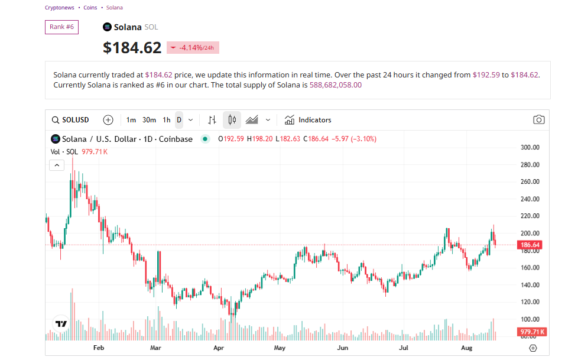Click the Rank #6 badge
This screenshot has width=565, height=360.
[x=61, y=27]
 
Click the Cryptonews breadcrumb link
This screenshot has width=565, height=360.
[x=59, y=8]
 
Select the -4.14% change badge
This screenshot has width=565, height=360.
[x=193, y=48]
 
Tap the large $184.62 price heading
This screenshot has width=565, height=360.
[x=132, y=48]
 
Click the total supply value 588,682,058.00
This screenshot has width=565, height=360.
[x=336, y=85]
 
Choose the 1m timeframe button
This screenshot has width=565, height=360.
[x=131, y=120]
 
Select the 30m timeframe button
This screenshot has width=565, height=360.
[x=149, y=120]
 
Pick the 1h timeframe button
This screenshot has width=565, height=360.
[x=167, y=120]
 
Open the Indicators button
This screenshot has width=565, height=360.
[x=308, y=120]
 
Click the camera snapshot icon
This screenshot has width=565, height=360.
[x=538, y=120]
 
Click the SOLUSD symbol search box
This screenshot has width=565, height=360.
[x=70, y=120]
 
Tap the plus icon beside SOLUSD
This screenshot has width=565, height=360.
[x=108, y=120]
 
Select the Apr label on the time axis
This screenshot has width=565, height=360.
[x=219, y=349]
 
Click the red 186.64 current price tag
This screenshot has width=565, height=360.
[x=530, y=245]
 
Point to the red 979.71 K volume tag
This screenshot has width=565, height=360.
[x=532, y=332]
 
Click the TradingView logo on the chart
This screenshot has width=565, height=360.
[x=61, y=324]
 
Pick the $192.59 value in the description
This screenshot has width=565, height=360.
[x=486, y=75]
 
